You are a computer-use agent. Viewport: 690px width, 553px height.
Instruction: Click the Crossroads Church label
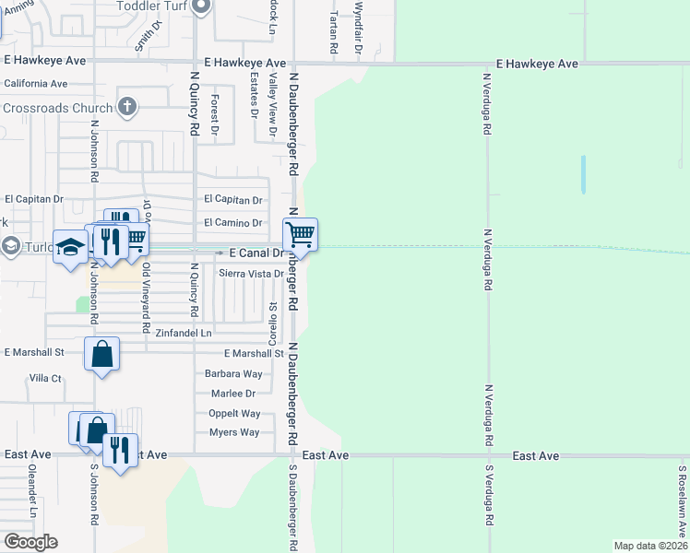pos(57,108)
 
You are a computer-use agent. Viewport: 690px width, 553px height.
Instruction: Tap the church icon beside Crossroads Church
pos(128,108)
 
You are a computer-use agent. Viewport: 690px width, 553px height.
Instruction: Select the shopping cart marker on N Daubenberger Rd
pos(301,236)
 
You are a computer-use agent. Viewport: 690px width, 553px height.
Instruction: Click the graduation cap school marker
pos(70,247)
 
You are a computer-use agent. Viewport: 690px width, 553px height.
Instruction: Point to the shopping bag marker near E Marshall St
pos(101,354)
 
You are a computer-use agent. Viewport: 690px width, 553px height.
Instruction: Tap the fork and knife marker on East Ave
pos(120,451)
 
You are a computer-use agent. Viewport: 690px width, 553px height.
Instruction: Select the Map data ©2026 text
pos(650,546)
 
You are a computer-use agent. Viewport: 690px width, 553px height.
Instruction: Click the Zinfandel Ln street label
pos(184,332)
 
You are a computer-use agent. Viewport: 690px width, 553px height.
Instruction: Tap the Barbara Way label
pos(233,374)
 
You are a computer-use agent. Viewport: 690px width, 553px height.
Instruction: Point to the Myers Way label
pos(234,432)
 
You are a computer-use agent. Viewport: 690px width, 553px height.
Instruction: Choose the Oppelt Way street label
pos(234,414)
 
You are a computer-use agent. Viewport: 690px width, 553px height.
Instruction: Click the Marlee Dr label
pos(232,394)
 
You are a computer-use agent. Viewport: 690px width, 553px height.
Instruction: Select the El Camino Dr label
pos(233,222)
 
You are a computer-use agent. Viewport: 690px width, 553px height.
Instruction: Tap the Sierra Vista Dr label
pos(250,274)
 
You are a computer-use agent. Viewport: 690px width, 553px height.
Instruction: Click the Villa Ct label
pos(44,378)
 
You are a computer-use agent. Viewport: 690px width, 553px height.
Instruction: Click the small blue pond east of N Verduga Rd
pos(583,174)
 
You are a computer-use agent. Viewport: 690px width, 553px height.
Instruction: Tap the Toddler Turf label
pos(151,6)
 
